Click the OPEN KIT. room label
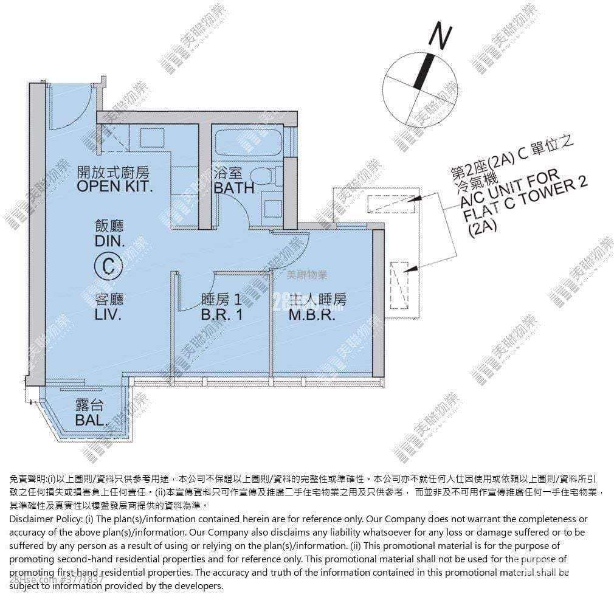click(x=113, y=186)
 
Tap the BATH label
click(x=234, y=188)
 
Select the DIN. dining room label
click(x=109, y=241)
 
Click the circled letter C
click(x=109, y=266)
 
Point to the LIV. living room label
click(x=109, y=316)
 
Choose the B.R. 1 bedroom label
click(x=222, y=315)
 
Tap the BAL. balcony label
click(x=92, y=420)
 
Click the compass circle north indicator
click(x=424, y=71)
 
